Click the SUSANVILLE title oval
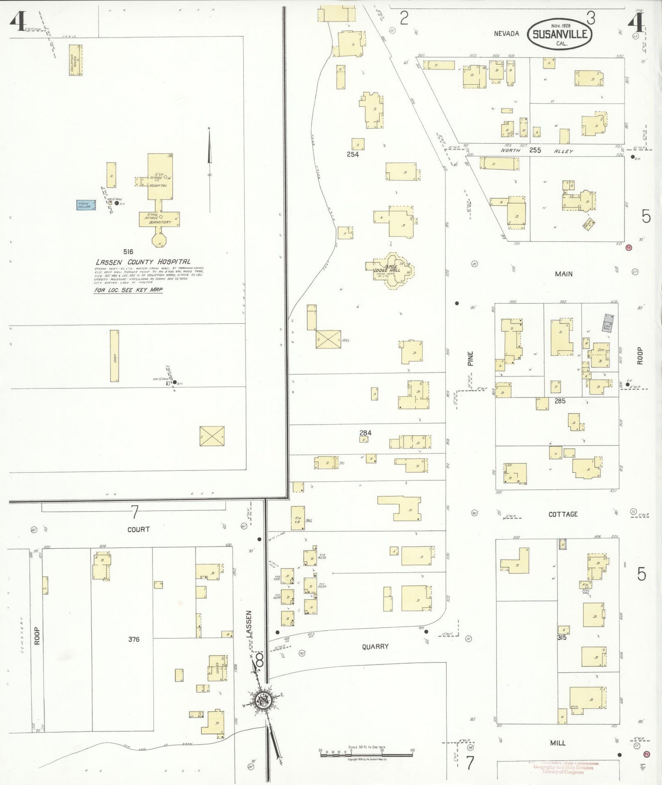pos(559,34)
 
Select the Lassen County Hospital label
pos(143,262)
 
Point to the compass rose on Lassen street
pos(263,700)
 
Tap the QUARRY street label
pos(375,646)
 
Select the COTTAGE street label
pos(563,514)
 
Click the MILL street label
pos(558,743)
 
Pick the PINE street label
pos(470,358)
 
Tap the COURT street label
pos(138,529)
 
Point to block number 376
pos(134,639)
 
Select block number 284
pos(365,433)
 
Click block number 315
pos(562,638)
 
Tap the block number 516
pos(128,251)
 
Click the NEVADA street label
pos(506,33)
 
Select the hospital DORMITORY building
pos(159,219)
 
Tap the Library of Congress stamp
pos(564,768)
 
